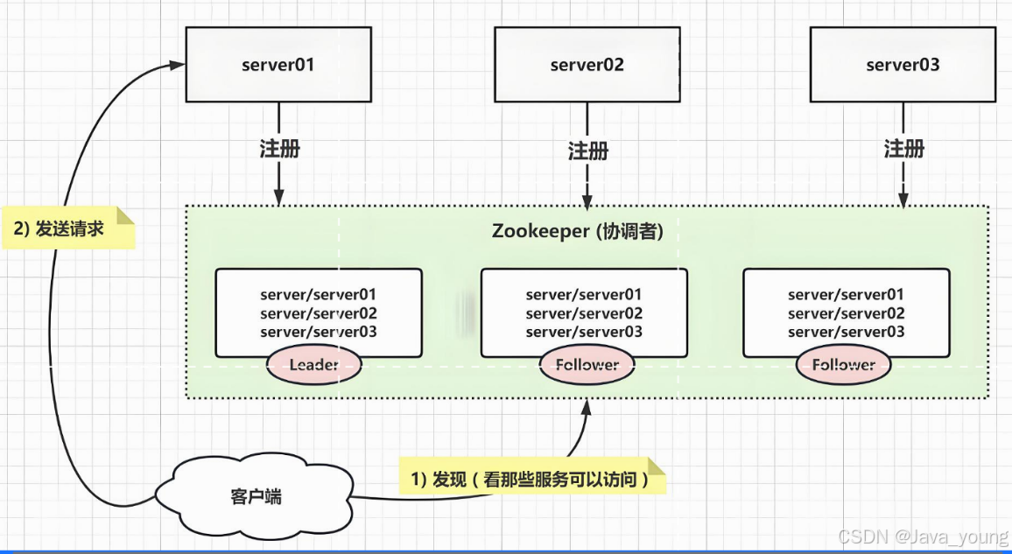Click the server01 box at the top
click(x=278, y=65)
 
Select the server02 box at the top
click(x=587, y=65)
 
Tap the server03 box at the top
click(x=903, y=65)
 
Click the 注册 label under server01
click(x=279, y=149)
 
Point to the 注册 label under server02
click(x=587, y=151)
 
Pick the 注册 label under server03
click(x=903, y=149)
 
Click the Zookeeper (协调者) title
click(x=583, y=232)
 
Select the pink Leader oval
click(x=313, y=364)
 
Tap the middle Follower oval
click(x=587, y=364)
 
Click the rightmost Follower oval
click(x=843, y=364)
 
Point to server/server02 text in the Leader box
click(x=319, y=313)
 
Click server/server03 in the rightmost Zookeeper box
click(x=846, y=332)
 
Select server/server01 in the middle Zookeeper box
click(x=584, y=295)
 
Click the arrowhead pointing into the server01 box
click(x=177, y=65)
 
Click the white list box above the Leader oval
click(x=319, y=306)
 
